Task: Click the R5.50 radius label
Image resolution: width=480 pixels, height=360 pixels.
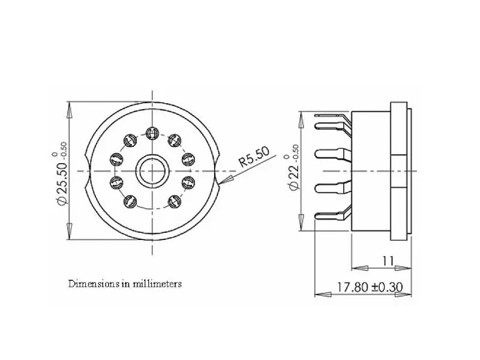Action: pos(254,157)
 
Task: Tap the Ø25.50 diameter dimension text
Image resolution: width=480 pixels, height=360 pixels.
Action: pos(62,184)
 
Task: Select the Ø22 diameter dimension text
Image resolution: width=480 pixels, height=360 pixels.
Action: pos(293,176)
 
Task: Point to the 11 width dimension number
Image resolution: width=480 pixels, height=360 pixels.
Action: pos(388,261)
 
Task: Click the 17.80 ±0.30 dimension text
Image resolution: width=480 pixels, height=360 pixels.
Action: pos(370,287)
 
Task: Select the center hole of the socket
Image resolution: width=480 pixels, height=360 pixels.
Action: pos(152,171)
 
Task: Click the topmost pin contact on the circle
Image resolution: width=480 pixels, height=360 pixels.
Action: pos(152,133)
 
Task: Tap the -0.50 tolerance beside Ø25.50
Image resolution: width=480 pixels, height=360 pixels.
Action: pos(64,150)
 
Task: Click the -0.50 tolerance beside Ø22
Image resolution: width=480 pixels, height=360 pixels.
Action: pos(295,153)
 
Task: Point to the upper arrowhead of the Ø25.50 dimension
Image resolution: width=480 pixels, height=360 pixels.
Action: pos(70,110)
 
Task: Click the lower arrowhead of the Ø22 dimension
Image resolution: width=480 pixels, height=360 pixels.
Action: pos(301,223)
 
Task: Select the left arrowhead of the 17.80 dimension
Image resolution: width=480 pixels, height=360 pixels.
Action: pos(323,295)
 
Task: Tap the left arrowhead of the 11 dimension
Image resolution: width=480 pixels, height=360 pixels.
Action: pos(359,268)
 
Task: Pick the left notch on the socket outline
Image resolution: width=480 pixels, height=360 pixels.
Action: pos(88,171)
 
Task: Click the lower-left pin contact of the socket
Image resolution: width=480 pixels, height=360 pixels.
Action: pos(130,202)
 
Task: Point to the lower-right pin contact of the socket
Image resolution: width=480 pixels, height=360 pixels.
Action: pos(175,202)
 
